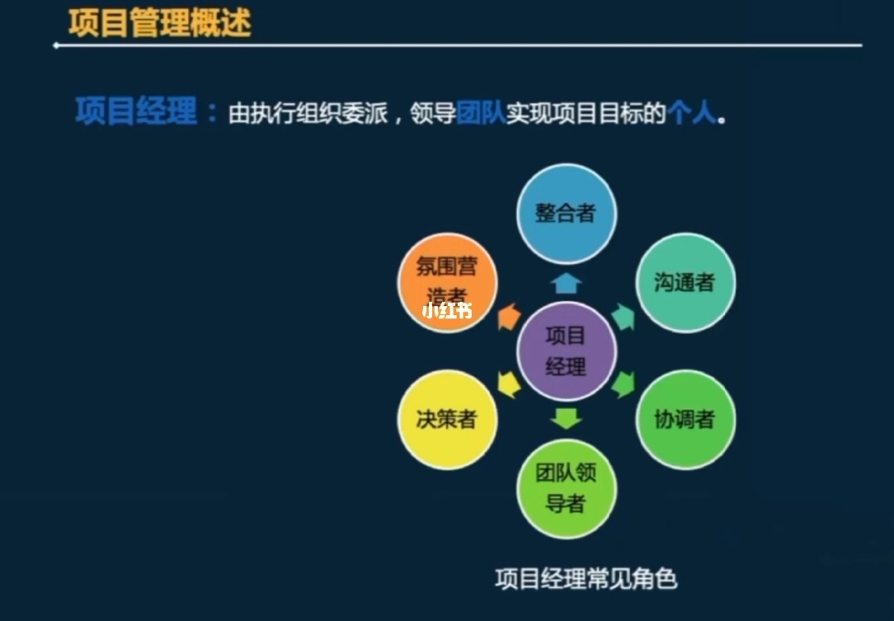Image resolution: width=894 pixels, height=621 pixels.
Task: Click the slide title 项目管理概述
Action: coord(159,23)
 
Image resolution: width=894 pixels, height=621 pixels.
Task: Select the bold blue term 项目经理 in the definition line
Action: coord(136,111)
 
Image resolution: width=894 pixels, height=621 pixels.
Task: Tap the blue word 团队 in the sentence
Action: coord(480,112)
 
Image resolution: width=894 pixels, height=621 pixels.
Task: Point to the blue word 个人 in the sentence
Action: coord(690,112)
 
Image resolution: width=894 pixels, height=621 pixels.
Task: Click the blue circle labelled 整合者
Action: coord(566,213)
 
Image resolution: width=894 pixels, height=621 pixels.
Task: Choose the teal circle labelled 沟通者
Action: coord(685,283)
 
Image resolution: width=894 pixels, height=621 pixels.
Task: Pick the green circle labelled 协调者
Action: coord(685,419)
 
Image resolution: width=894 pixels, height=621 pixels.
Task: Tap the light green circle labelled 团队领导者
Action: coord(566,489)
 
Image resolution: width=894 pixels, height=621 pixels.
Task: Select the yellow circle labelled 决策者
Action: coord(447,419)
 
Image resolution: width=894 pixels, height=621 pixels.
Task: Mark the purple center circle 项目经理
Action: coord(566,351)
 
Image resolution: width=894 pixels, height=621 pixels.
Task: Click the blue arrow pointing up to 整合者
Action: coord(566,284)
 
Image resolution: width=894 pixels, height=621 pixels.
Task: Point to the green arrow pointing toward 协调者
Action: coord(623,385)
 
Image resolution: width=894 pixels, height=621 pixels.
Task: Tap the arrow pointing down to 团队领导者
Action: coord(566,418)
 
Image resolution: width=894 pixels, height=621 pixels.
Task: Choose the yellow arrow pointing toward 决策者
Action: coord(509,385)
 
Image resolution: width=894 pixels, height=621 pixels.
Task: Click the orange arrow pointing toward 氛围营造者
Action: coord(509,317)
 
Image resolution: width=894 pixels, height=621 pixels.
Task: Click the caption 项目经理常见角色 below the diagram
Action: coord(586,578)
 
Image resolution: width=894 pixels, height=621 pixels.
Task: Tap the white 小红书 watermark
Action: coord(447,312)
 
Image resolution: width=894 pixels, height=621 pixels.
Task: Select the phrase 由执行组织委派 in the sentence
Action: coord(308,113)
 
